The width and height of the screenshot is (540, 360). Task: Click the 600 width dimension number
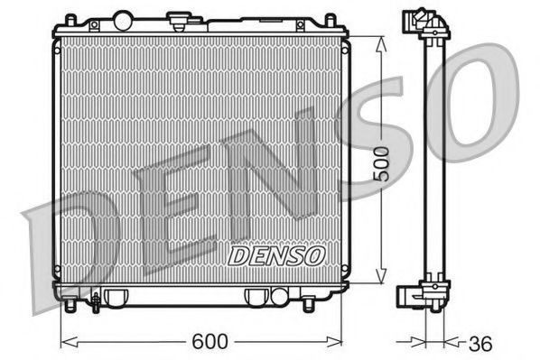209,342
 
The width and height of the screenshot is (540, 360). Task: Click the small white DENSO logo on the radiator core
276,257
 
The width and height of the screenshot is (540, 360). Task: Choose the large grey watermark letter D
68,244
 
